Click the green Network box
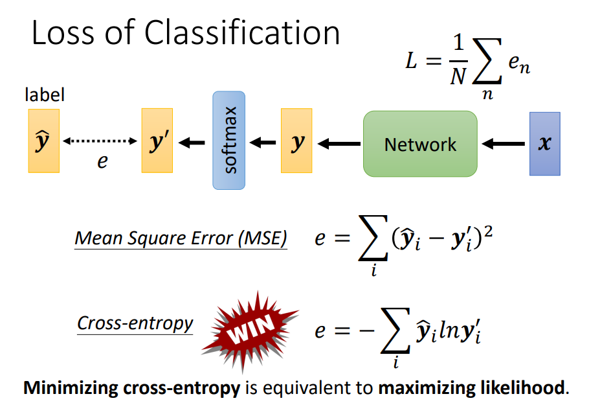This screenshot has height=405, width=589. point(420,144)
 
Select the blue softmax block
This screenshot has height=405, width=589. point(229,141)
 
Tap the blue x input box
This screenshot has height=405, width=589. point(544,144)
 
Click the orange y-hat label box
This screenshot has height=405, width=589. point(43,141)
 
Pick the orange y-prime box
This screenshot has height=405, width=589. point(157,141)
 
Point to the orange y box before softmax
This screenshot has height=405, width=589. point(296,141)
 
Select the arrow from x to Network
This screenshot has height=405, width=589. point(504,143)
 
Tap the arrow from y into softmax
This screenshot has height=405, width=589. point(263,142)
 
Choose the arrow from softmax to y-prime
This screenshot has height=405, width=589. point(192,142)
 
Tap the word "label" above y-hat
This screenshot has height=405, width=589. point(45,96)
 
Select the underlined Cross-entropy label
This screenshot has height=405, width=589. point(135,323)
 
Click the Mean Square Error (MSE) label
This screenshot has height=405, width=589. point(181,238)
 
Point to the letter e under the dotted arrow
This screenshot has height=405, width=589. point(102,161)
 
